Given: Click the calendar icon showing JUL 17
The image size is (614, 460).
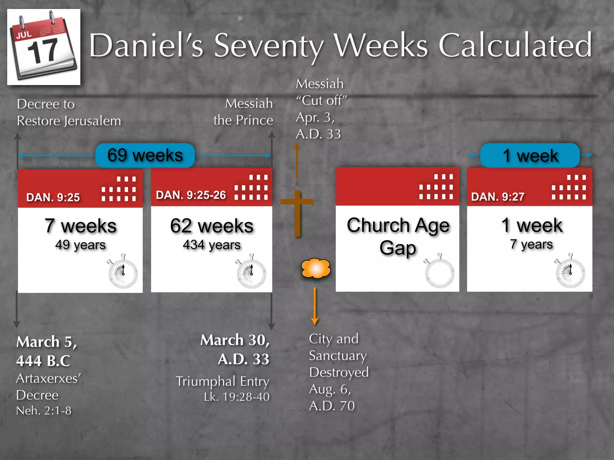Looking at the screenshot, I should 44,47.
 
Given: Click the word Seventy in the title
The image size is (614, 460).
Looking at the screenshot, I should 269,46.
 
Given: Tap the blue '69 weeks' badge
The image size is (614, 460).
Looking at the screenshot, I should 145,155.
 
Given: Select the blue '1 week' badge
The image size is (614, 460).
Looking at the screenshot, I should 530,155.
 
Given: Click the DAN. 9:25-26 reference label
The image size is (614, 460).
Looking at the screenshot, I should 191,195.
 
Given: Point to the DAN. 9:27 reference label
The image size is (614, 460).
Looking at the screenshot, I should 498,197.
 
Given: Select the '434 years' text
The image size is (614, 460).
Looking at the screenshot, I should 212,245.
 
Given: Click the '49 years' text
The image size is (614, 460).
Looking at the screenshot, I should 80,245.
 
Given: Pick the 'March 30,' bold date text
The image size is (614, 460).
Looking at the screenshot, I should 235,340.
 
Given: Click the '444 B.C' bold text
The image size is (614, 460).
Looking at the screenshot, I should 43,361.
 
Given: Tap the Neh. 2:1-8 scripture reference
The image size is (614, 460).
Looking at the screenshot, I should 44,411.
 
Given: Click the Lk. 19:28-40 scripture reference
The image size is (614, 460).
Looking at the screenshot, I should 237,397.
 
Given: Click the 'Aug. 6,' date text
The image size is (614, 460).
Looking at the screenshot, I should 330,389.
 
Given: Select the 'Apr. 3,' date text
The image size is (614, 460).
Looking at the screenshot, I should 315,117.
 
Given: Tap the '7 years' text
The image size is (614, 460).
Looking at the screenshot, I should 531,244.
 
